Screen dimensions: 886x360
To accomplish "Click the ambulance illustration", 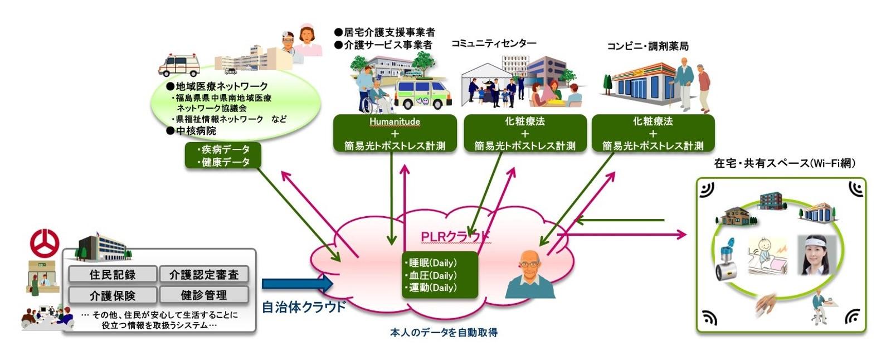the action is [x=179, y=65].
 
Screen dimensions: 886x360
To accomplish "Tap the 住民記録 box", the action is [x=113, y=274].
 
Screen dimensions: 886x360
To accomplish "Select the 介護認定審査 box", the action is [x=204, y=274].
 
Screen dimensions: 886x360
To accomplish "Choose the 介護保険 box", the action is [x=113, y=295].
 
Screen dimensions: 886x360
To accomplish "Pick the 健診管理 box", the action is [x=204, y=295].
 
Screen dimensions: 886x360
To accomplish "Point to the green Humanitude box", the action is [x=395, y=133].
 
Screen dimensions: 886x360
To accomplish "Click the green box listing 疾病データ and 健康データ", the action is [x=223, y=155].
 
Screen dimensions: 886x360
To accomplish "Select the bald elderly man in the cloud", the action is [x=530, y=274].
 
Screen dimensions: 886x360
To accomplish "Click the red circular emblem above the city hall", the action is [x=45, y=244].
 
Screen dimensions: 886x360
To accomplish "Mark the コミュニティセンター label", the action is [x=494, y=43].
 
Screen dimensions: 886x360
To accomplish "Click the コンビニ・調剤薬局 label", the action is [x=648, y=46].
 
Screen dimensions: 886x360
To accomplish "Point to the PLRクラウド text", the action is [x=455, y=237].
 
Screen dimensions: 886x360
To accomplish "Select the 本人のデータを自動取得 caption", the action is [x=444, y=333].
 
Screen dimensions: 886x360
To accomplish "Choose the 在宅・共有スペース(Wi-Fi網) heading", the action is [x=785, y=163].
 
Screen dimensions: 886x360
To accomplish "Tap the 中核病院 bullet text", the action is [x=192, y=130].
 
